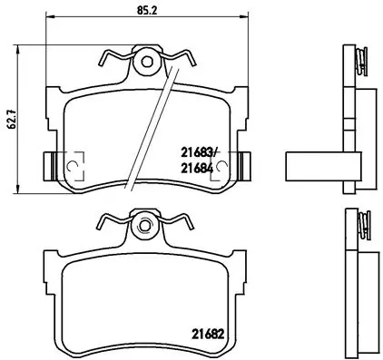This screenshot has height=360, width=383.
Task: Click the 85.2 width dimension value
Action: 147,12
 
